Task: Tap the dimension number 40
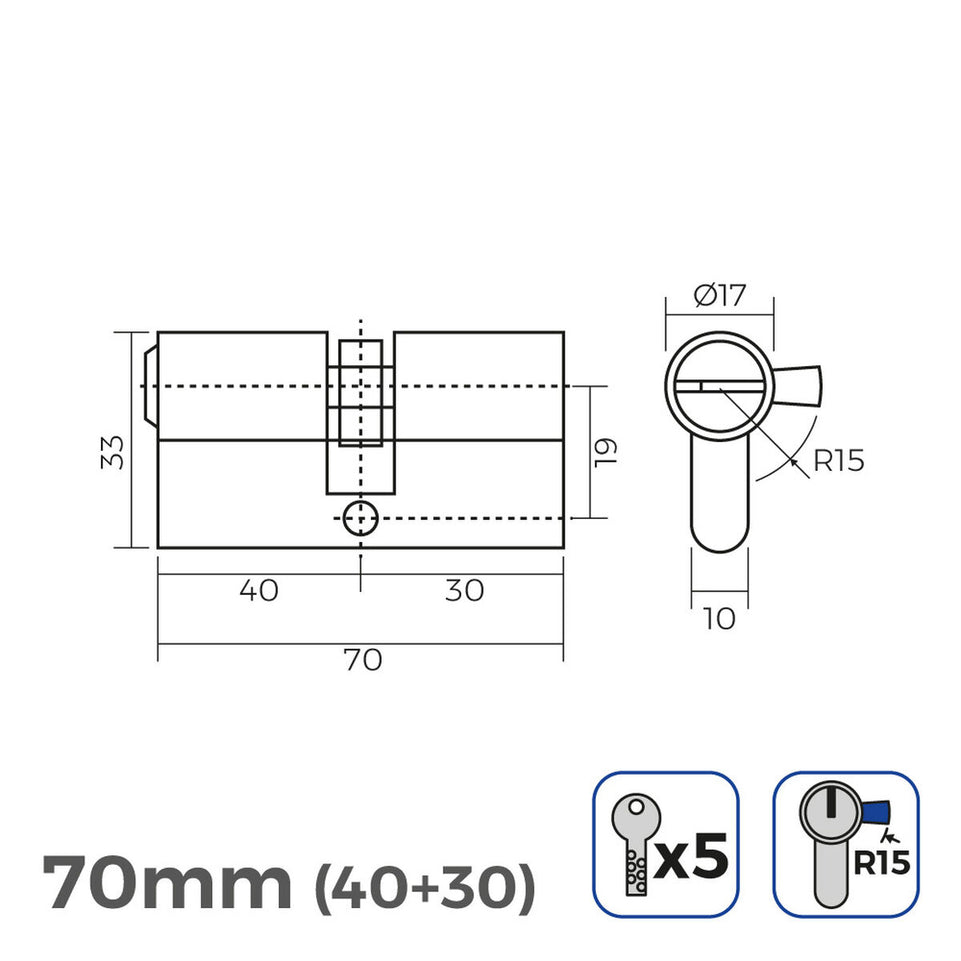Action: tap(259, 591)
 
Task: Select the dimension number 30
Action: tap(463, 591)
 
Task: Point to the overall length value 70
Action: tap(362, 660)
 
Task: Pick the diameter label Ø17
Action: tap(719, 296)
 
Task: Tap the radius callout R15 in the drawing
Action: tap(838, 461)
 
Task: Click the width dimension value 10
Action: tap(719, 619)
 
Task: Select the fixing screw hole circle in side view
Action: tap(359, 519)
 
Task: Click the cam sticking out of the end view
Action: tap(798, 385)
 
